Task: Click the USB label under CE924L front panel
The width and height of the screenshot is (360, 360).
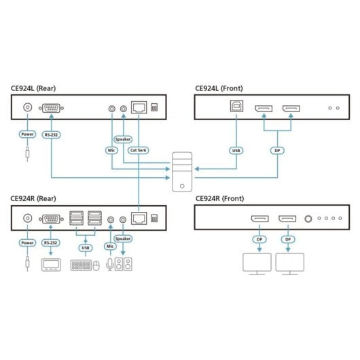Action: [x=236, y=150]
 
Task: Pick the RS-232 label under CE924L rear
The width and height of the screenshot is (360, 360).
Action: [x=51, y=134]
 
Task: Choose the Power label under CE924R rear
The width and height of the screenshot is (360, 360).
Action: [x=28, y=242]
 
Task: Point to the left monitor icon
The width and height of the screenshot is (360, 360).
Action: [x=257, y=265]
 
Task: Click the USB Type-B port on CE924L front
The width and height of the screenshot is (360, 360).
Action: [x=236, y=109]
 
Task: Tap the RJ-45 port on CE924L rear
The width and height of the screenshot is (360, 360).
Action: [x=139, y=108]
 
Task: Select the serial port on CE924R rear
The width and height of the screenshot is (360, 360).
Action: [x=50, y=218]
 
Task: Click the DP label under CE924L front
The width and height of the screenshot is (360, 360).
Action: [x=276, y=150]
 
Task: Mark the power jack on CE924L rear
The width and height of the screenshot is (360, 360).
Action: [x=28, y=108]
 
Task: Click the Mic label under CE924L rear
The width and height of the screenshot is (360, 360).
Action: [x=111, y=150]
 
